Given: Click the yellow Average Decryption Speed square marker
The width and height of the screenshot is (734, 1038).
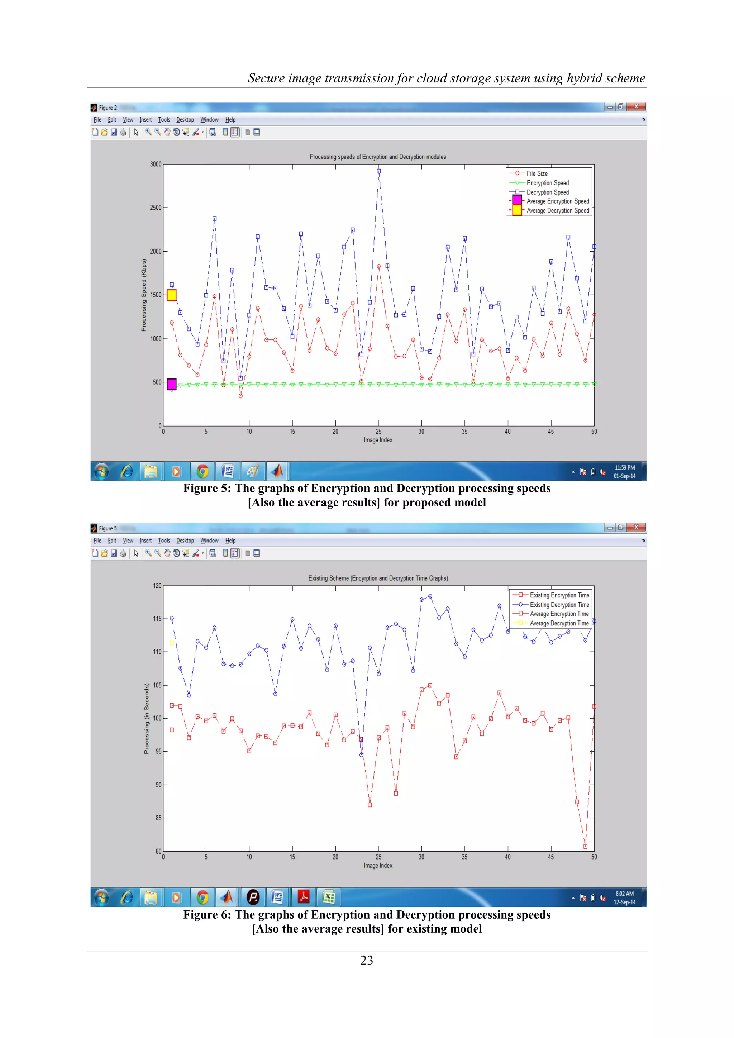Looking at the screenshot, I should (172, 295).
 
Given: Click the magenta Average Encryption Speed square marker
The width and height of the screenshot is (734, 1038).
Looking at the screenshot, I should (172, 384).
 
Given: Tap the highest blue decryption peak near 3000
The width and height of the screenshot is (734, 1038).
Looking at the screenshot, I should (379, 171).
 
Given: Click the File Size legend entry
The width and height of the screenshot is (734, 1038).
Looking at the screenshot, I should (537, 173).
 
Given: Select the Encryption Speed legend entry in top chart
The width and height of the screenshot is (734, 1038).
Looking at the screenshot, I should (547, 183).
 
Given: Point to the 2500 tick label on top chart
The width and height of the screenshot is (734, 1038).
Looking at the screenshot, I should (156, 208).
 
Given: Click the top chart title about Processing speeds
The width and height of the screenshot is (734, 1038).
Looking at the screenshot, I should (377, 157).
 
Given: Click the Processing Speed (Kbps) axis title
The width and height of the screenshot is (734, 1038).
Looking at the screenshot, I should (144, 295).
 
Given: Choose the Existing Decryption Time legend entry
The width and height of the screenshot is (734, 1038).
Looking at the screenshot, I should (559, 605).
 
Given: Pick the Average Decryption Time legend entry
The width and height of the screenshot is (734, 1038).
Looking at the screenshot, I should (559, 623).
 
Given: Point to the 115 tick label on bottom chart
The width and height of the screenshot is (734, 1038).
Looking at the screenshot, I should (157, 618).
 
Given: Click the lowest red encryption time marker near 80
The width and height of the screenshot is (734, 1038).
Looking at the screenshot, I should (585, 846).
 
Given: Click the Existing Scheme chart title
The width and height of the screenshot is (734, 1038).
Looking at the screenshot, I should (378, 578).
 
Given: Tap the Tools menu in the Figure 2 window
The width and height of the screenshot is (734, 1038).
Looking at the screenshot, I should (164, 120).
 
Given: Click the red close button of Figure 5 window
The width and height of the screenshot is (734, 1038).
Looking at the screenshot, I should (637, 527).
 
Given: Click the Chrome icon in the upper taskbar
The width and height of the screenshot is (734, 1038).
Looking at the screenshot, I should (203, 472).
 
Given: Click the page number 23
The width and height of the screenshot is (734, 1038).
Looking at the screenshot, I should (367, 960).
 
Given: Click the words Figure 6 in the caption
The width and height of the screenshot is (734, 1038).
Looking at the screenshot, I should (206, 915).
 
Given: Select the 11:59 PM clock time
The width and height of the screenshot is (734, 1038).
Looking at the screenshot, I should (625, 468).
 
